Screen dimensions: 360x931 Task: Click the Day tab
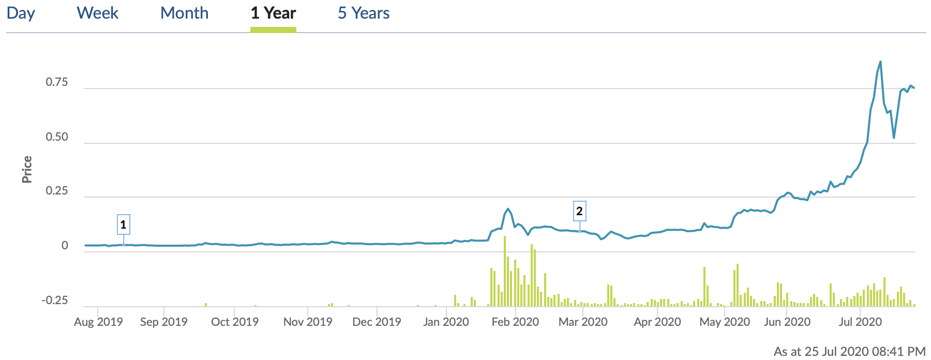pyautogui.click(x=21, y=13)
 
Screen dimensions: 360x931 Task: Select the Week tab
pyautogui.click(x=97, y=13)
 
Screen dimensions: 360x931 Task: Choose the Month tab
pyautogui.click(x=184, y=13)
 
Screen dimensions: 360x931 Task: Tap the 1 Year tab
pyautogui.click(x=273, y=13)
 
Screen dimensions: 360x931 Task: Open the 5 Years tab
pyautogui.click(x=364, y=13)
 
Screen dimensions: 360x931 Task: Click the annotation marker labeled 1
pyautogui.click(x=123, y=224)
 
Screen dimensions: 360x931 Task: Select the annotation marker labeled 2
pyautogui.click(x=579, y=211)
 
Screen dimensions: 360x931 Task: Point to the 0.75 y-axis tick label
pyautogui.click(x=57, y=82)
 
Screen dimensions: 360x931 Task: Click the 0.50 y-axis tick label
pyautogui.click(x=57, y=137)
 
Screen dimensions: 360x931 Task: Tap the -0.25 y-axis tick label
pyautogui.click(x=55, y=301)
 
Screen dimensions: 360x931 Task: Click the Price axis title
pyautogui.click(x=27, y=169)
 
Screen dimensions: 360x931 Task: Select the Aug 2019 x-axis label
pyautogui.click(x=98, y=322)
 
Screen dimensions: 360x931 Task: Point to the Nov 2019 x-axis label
pyautogui.click(x=308, y=322)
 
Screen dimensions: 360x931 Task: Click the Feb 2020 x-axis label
pyautogui.click(x=515, y=322)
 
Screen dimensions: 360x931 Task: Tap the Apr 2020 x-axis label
pyautogui.click(x=657, y=322)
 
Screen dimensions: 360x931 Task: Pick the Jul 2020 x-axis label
pyautogui.click(x=860, y=322)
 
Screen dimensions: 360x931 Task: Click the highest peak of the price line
pyautogui.click(x=880, y=62)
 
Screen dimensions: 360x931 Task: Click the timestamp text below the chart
pyautogui.click(x=849, y=351)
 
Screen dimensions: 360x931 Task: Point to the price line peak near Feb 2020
pyautogui.click(x=508, y=209)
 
